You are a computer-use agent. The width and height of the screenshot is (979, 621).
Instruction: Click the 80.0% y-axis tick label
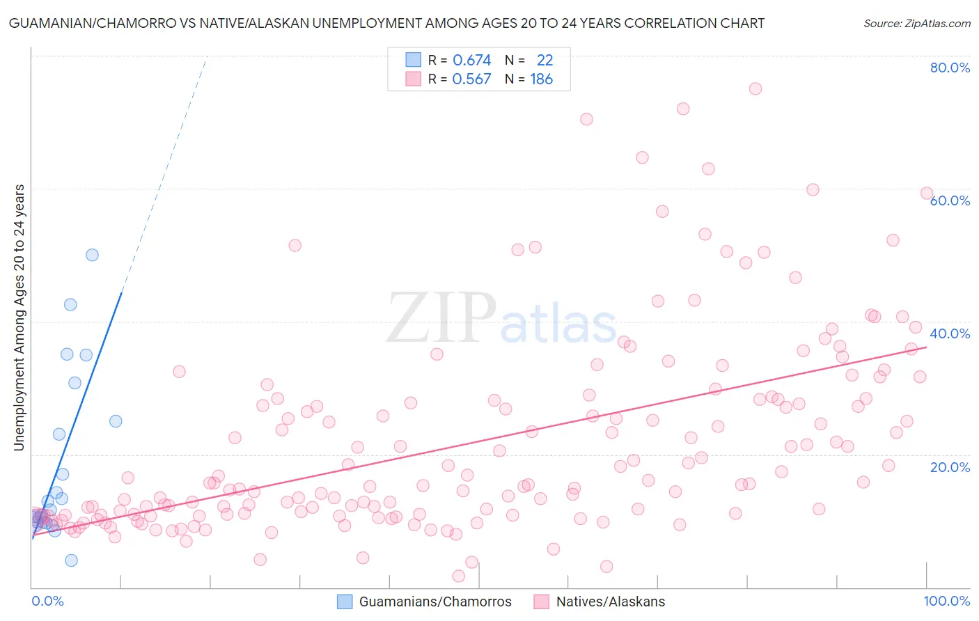[950, 68]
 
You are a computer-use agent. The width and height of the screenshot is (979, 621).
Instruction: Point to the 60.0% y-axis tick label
[950, 201]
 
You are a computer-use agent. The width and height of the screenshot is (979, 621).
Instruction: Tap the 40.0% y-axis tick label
[950, 333]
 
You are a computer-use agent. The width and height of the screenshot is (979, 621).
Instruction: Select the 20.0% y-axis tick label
[950, 466]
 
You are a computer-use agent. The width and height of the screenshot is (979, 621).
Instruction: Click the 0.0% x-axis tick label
[47, 601]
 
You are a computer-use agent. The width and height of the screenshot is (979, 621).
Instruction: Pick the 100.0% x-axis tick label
[946, 601]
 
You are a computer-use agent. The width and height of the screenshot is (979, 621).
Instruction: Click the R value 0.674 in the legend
[471, 61]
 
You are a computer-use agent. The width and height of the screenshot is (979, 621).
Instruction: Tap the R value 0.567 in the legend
[471, 79]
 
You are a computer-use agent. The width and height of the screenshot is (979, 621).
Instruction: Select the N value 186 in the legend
[541, 79]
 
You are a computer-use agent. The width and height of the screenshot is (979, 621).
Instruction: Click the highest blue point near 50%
[92, 255]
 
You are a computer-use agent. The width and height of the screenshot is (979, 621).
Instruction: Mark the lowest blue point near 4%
[71, 560]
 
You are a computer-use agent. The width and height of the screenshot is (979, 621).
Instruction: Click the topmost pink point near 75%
[755, 88]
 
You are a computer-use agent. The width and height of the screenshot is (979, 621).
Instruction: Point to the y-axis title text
[19, 317]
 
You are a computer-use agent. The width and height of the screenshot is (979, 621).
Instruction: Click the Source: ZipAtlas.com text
[916, 23]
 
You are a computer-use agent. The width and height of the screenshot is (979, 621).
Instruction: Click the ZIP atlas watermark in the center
[501, 319]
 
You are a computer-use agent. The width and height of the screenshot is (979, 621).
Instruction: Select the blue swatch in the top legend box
[414, 61]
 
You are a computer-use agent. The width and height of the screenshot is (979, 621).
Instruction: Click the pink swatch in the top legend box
[414, 79]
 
